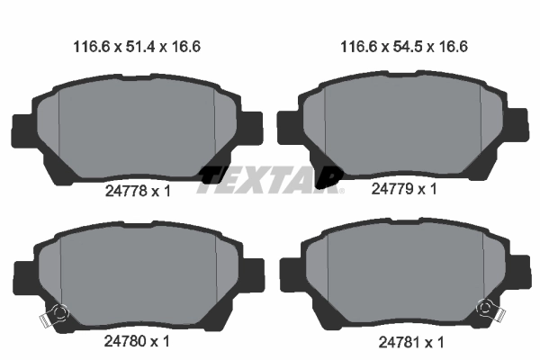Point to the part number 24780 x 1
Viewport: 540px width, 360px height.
135,341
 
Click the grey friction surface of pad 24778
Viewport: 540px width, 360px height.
135,130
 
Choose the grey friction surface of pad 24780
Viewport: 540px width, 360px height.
135,274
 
